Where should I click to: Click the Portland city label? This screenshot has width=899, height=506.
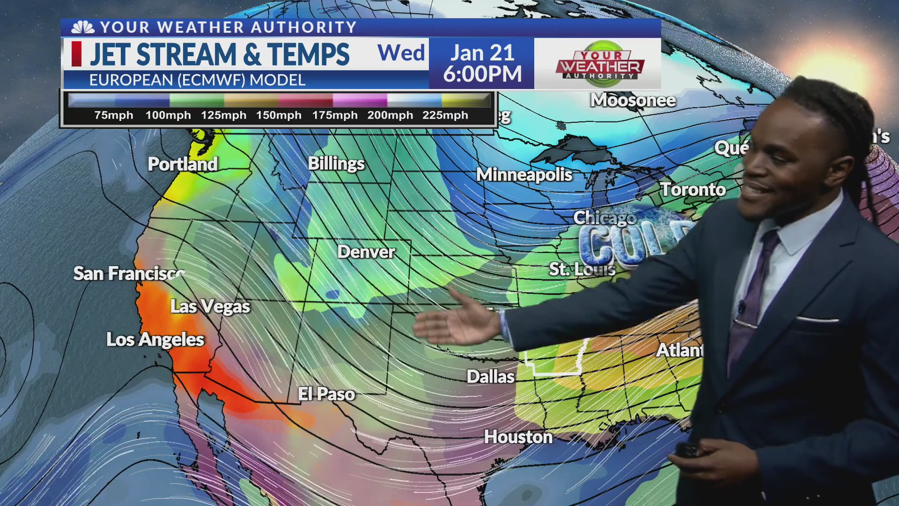(183, 164)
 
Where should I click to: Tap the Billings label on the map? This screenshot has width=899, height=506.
(336, 164)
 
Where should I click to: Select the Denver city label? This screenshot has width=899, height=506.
(366, 252)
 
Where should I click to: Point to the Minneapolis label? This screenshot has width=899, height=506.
(524, 175)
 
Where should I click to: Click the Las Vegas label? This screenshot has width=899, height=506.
(210, 306)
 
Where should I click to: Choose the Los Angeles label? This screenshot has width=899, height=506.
(155, 340)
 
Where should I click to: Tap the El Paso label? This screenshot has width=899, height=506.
(326, 394)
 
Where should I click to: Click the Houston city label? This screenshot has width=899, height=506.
(518, 437)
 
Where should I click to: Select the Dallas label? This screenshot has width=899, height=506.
(490, 377)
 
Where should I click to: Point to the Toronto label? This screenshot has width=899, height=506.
(693, 190)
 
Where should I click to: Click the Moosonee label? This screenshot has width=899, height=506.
(633, 100)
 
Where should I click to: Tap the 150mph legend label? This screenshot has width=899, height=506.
(279, 115)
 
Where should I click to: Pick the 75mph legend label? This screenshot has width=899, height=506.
(114, 115)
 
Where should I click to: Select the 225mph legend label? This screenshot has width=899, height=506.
(445, 115)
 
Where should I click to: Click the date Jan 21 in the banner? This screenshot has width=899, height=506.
(482, 52)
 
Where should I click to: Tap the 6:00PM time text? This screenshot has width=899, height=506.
(482, 74)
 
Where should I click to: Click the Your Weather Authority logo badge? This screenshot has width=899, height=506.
(600, 64)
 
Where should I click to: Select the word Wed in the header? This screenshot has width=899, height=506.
(401, 53)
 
